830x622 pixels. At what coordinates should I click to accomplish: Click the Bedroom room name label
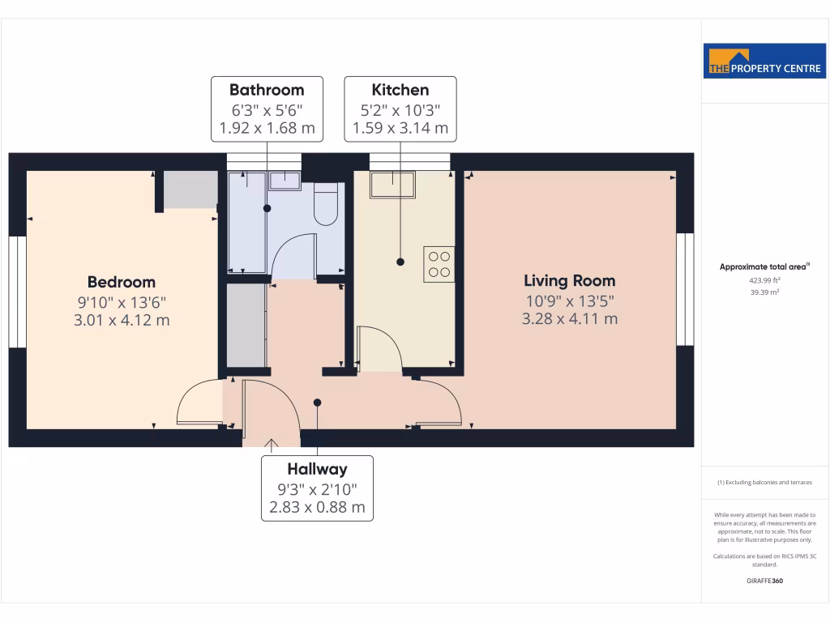point(122,282)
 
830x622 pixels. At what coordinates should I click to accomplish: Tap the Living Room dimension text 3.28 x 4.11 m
point(569,318)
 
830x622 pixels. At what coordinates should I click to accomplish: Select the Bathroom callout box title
point(267,90)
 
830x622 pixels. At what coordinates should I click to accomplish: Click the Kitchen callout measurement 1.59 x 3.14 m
point(400,128)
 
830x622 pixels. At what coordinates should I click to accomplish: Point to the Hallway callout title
point(317,469)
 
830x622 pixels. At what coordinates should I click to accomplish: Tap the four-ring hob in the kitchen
point(439,265)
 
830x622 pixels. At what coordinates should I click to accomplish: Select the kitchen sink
point(392,185)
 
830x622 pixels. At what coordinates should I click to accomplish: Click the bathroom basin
point(284,179)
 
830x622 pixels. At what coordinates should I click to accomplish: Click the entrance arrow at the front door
point(272,442)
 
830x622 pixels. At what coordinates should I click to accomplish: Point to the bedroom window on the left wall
point(17,292)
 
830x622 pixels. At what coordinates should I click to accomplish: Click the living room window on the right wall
point(686,289)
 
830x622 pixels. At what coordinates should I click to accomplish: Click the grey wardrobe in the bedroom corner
point(190,190)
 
